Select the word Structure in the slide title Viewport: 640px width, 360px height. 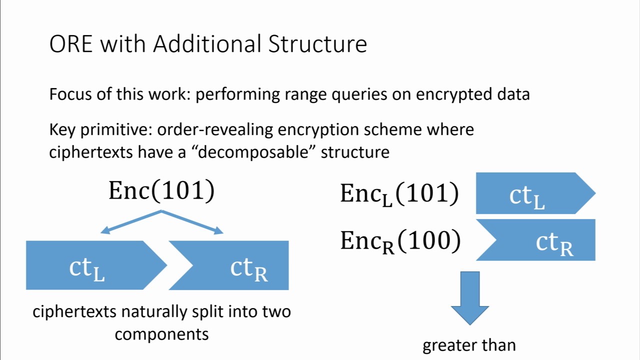pos(317,44)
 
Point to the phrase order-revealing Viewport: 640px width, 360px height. pos(215,130)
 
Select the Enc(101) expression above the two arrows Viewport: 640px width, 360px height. pos(161,190)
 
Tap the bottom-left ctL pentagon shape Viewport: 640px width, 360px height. pos(90,265)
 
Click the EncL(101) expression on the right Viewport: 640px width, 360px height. pos(399,194)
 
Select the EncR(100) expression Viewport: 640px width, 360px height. pos(400,241)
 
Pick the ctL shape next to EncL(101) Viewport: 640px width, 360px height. pos(530,193)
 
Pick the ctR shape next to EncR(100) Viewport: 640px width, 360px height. pos(545,240)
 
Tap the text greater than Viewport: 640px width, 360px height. pos(469,345)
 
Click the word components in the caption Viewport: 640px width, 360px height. pos(161,334)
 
